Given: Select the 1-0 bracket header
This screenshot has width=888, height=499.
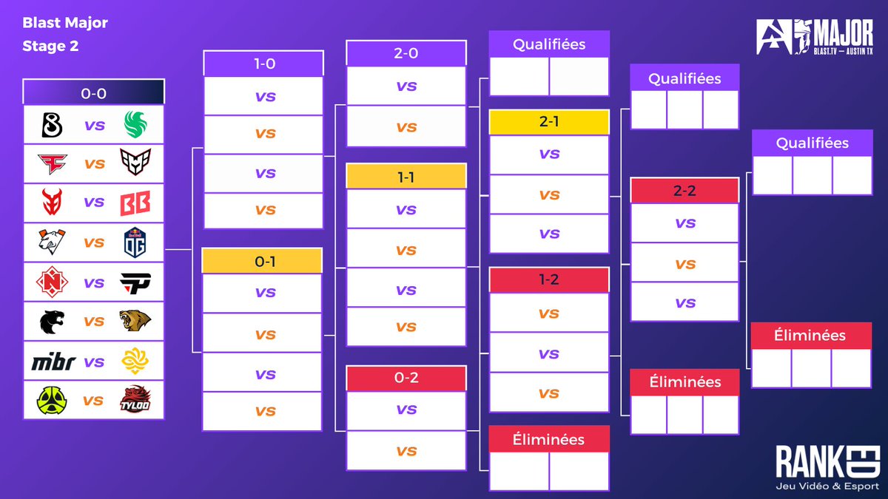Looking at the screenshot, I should tap(263, 64).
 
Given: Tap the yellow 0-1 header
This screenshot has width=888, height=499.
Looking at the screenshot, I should tap(262, 261).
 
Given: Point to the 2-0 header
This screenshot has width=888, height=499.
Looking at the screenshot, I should tap(406, 53).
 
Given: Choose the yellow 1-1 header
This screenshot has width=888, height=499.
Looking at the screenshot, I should tap(406, 176).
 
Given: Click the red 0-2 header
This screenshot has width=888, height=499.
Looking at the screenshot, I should tap(406, 378).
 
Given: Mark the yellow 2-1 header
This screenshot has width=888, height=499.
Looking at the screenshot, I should tap(549, 122).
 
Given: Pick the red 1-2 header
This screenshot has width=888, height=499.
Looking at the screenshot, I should tap(549, 280).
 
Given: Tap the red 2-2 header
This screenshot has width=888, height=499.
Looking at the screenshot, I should tap(684, 190).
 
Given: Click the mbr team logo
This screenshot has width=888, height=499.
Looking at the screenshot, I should tap(53, 362).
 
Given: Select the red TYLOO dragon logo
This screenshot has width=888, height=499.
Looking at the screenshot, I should tap(135, 400).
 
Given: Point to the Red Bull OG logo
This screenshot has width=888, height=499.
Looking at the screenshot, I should tap(135, 242).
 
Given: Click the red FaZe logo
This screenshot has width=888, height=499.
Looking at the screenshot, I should tap(53, 163).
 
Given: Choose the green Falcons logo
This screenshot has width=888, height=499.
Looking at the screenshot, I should tap(136, 125).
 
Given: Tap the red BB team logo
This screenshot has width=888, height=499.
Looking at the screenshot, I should tap(135, 203).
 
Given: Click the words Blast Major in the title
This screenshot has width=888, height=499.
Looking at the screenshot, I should tap(65, 23).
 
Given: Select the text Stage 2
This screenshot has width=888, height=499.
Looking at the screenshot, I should tap(50, 46).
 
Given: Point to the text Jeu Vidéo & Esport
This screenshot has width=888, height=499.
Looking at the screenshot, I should tap(827, 485).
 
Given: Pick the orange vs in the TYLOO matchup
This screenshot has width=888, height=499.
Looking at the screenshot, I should tap(93, 401).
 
